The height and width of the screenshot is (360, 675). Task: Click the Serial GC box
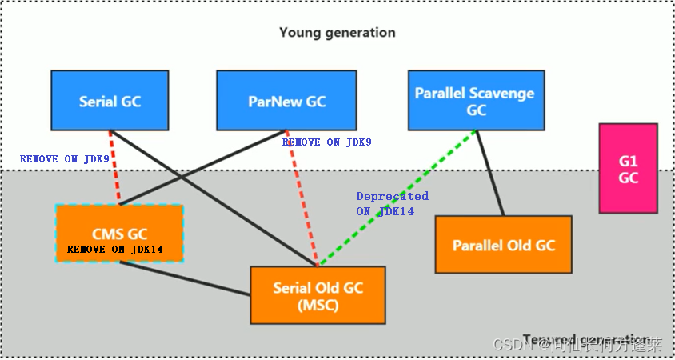pyautogui.click(x=110, y=100)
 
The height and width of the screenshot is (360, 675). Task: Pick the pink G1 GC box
pyautogui.click(x=629, y=168)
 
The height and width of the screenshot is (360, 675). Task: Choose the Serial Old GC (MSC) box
pyautogui.click(x=318, y=295)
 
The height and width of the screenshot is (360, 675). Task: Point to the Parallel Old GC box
pyautogui.click(x=503, y=244)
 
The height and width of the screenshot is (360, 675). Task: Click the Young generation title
pyautogui.click(x=337, y=33)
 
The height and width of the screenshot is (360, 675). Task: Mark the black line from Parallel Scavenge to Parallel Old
pyautogui.click(x=490, y=172)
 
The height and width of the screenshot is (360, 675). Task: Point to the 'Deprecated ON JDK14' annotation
pyautogui.click(x=392, y=203)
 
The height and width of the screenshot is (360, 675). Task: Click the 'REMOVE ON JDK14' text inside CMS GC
pyautogui.click(x=115, y=249)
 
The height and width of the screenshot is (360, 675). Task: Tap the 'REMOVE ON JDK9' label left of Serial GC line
pyautogui.click(x=64, y=159)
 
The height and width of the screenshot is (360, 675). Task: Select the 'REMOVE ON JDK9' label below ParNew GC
pyautogui.click(x=326, y=142)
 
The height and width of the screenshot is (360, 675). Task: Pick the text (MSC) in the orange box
pyautogui.click(x=318, y=305)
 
